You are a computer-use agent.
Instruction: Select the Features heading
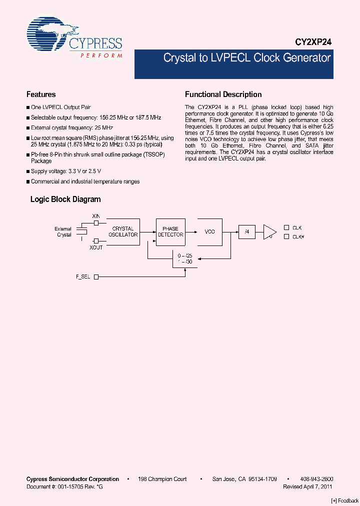coord(41,94)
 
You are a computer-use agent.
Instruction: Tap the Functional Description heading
coord(223,94)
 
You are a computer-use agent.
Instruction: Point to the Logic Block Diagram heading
coord(65,199)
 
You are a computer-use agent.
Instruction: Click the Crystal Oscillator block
coord(123,231)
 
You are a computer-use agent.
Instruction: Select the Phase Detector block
coord(170,231)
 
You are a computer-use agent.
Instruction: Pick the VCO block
coord(209,231)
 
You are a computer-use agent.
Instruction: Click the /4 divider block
coord(246,231)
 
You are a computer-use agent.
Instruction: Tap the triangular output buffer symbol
coord(269,231)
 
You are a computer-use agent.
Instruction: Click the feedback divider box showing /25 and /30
coord(185,258)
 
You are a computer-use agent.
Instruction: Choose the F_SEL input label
coord(83,276)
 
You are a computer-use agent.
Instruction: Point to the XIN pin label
coord(96,215)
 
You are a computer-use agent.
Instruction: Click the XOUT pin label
coord(96,247)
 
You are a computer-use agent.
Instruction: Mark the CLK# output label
coord(298,236)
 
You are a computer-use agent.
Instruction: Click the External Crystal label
coord(63,231)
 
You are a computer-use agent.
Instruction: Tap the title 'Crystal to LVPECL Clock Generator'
coord(247,58)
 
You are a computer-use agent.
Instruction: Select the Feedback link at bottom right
coord(345,500)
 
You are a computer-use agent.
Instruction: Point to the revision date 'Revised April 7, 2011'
coord(308,486)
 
